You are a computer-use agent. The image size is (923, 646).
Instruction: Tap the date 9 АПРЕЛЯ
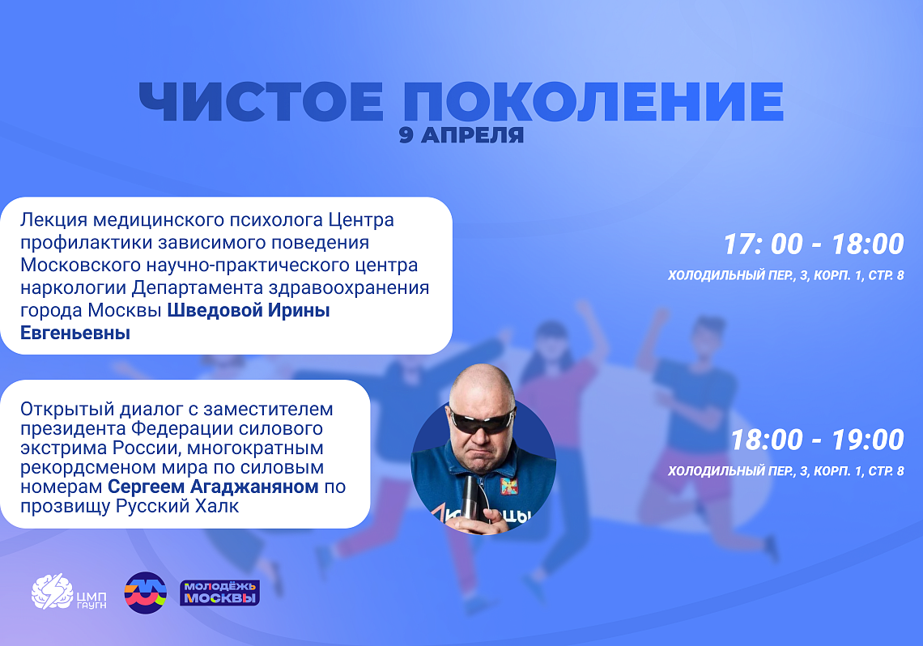461,135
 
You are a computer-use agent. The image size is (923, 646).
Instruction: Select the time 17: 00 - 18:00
813,244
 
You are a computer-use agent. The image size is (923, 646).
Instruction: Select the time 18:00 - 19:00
816,440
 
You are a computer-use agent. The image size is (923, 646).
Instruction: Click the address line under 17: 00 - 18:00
785,276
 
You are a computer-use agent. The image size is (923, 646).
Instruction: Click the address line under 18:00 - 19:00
785,471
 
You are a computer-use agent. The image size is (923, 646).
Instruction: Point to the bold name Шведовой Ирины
248,311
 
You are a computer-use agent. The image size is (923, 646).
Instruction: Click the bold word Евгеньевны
75,333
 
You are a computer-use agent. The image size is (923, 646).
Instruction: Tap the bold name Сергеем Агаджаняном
215,487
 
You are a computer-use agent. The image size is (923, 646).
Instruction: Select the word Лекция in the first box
53,220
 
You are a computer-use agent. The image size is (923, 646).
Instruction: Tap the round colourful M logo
145,593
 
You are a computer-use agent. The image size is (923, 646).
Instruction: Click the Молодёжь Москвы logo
219,593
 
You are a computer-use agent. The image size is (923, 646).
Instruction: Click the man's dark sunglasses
482,419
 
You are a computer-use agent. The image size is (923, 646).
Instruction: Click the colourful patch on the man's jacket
508,486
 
